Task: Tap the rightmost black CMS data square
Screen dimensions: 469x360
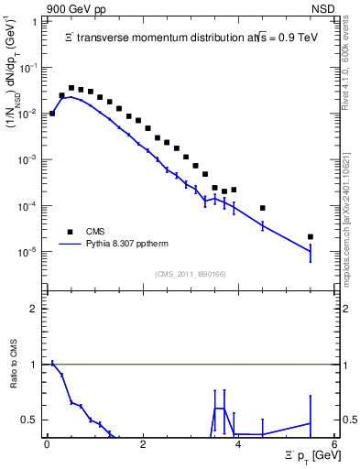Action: click(311, 236)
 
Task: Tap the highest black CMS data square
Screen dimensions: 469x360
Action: click(71, 88)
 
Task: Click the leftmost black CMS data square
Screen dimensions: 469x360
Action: click(52, 113)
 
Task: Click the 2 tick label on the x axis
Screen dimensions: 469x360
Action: click(143, 444)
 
